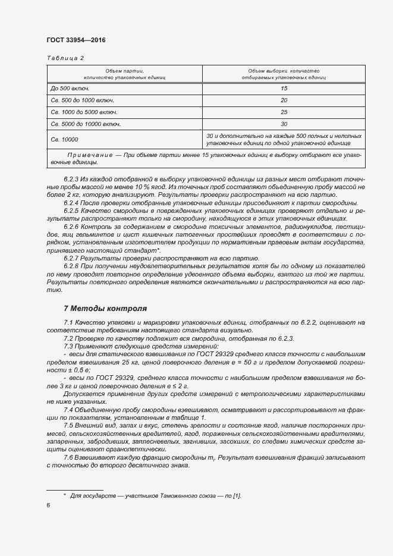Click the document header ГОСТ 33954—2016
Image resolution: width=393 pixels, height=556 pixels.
click(76, 40)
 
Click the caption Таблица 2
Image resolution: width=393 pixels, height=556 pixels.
click(65, 58)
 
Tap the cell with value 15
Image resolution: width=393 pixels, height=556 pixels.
click(284, 89)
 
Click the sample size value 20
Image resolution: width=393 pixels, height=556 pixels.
click(284, 100)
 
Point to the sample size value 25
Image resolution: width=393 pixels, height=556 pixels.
click(284, 112)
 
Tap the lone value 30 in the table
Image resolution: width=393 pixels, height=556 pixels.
click(284, 124)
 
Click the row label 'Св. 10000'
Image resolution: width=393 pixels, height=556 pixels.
click(65, 140)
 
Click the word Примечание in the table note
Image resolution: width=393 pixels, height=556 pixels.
click(90, 155)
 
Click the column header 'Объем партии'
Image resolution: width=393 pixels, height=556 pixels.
click(125, 71)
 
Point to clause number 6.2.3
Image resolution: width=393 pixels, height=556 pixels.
click(71, 179)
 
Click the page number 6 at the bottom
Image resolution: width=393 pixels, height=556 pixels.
click(48, 505)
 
